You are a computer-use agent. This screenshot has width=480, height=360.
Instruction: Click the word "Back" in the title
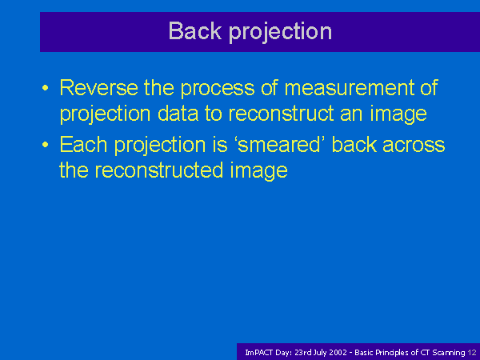tap(195, 30)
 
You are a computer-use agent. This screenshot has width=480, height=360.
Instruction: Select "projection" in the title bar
tap(281, 32)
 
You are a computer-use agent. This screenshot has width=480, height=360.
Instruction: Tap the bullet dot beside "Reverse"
tap(46, 88)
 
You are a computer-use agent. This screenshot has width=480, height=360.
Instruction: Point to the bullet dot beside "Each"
tap(46, 145)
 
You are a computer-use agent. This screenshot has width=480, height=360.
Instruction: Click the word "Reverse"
tap(98, 87)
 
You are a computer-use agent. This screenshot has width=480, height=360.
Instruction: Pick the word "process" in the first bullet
tap(218, 90)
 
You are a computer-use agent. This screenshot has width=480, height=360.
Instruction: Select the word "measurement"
tap(349, 88)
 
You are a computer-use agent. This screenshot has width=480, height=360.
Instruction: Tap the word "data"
tap(178, 114)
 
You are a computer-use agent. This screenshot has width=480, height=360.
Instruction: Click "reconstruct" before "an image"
tap(281, 114)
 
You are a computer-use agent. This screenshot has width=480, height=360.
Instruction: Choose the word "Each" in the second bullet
tap(83, 144)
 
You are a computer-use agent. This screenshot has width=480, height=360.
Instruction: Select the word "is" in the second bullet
tap(220, 144)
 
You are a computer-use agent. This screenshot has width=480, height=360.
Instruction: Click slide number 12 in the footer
tap(472, 353)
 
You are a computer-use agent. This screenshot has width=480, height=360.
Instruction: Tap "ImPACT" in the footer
tap(258, 353)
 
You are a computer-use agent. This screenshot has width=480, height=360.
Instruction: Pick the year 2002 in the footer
tap(338, 353)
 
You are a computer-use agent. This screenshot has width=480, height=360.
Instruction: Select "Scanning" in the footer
tap(449, 353)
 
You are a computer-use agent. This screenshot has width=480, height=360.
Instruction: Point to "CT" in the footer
tap(426, 353)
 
